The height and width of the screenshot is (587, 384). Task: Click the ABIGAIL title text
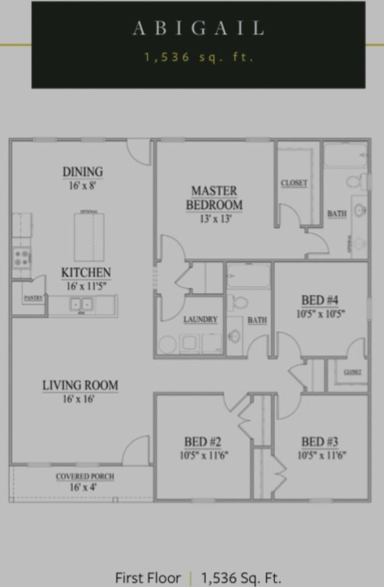(198, 28)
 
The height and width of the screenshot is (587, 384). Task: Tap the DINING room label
(82, 172)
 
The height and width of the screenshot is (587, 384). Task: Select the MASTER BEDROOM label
(214, 198)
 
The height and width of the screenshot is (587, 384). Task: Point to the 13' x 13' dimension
(214, 218)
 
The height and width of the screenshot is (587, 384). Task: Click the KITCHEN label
(86, 273)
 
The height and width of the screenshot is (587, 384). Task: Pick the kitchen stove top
(22, 258)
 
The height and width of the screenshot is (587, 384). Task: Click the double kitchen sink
(81, 304)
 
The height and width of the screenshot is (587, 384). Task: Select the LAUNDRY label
(200, 320)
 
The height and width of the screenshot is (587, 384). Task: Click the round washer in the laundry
(168, 344)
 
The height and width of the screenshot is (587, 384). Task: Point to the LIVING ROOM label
(80, 385)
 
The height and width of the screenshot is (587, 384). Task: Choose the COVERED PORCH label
(85, 476)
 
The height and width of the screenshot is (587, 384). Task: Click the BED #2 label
(203, 442)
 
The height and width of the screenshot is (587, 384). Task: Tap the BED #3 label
(320, 442)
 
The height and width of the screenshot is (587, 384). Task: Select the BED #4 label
(320, 300)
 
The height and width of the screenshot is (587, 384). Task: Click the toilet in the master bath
(355, 182)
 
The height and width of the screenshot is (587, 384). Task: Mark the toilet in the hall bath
(239, 301)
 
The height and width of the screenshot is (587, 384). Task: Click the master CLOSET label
(294, 183)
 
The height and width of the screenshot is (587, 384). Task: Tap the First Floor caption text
(148, 578)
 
